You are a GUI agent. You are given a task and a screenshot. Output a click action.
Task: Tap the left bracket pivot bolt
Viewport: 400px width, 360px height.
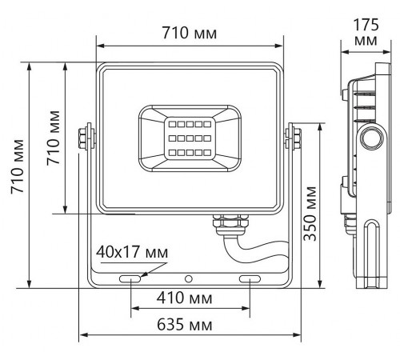click(85, 137)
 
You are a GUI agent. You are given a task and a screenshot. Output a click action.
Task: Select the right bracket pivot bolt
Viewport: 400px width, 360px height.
click(294, 137)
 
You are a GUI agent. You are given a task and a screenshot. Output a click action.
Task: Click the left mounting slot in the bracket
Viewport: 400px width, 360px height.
click(128, 278)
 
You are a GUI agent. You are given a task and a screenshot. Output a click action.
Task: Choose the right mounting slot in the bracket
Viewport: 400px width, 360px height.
click(249, 278)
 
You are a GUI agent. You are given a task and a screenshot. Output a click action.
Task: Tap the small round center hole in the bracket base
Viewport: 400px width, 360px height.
click(189, 279)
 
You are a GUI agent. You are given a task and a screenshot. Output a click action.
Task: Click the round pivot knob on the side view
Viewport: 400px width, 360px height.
click(370, 138)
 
